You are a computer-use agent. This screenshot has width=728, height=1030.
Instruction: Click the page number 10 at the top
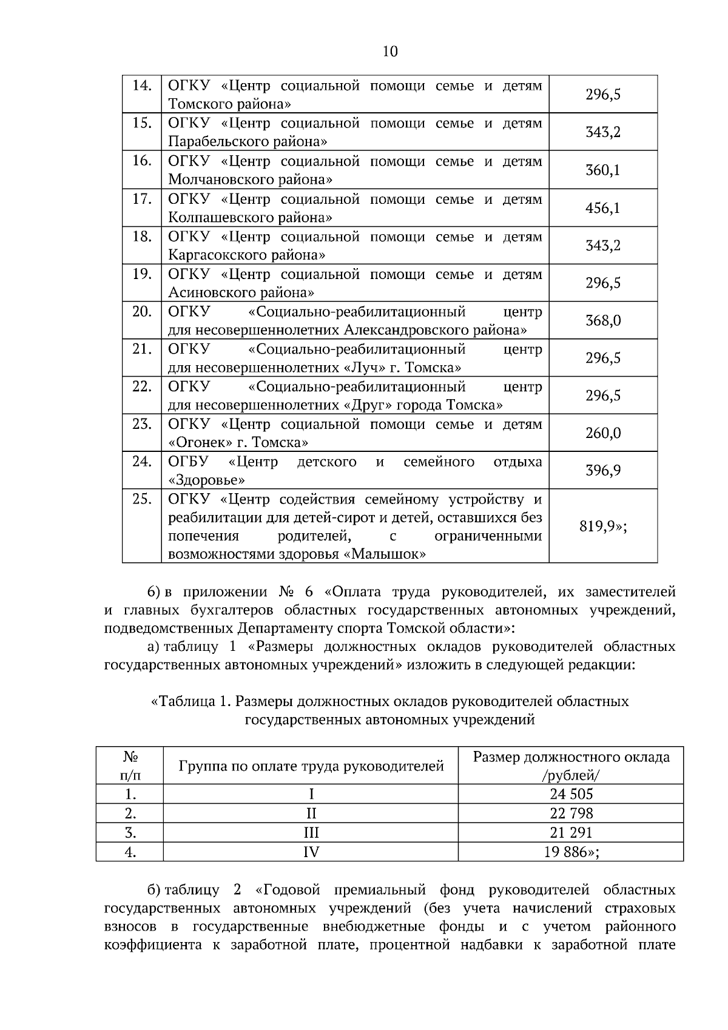coord(390,52)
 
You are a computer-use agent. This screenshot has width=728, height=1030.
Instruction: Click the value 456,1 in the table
coord(602,208)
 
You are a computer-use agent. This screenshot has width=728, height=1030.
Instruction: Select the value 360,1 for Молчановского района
coord(602,170)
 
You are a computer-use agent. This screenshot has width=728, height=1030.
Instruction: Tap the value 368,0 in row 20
coord(602,320)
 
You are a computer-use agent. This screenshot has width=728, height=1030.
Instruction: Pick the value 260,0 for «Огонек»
coord(602,433)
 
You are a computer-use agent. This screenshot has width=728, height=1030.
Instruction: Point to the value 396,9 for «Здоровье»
coord(602,471)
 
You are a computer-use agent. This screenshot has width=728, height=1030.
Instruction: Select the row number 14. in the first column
coord(141,86)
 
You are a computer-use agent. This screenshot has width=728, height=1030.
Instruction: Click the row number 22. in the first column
coord(141,386)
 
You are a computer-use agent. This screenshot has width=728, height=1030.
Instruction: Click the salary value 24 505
coord(571,794)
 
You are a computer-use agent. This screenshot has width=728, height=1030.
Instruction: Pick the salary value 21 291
coord(571,832)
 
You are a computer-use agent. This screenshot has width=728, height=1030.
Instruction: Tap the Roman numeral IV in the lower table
coord(311,852)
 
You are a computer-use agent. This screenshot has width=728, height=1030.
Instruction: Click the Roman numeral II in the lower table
coord(311,813)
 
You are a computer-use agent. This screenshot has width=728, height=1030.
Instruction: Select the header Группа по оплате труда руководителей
coord(311,766)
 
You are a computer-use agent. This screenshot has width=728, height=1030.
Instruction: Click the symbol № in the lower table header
coord(129,756)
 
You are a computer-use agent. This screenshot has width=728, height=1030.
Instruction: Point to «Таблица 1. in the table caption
coord(190,702)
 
